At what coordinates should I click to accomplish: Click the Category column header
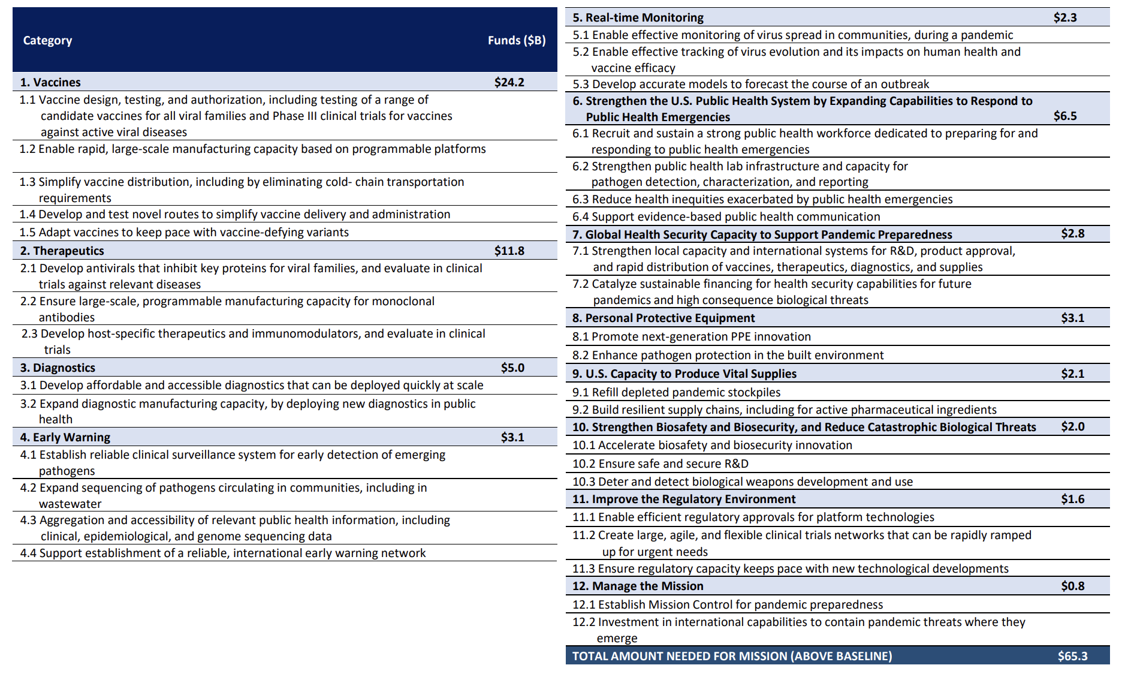tap(47, 40)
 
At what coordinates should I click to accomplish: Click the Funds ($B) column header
tap(516, 40)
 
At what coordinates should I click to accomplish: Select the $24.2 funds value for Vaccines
tap(509, 82)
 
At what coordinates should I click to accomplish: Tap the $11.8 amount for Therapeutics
tap(509, 251)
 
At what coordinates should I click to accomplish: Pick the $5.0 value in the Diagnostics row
tap(512, 368)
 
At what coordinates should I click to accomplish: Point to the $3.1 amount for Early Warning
tap(512, 437)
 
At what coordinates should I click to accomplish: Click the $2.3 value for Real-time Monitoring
tap(1065, 17)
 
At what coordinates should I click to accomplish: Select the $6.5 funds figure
tap(1065, 116)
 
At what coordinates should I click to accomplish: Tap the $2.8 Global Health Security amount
tap(1072, 234)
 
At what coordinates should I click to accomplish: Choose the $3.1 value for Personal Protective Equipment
tap(1072, 318)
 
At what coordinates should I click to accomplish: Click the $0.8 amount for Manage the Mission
tap(1072, 586)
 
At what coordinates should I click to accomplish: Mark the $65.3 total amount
tap(1072, 656)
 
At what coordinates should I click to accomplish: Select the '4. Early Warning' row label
tap(65, 437)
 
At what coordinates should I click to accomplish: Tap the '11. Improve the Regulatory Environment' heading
tap(683, 499)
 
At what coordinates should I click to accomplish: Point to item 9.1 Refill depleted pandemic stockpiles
tap(676, 392)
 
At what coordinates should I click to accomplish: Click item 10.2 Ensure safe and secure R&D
tap(660, 464)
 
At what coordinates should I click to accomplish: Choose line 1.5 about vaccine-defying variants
tap(184, 232)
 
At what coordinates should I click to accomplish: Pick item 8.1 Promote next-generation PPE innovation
tap(691, 336)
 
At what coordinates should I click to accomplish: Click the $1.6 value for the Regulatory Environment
tap(1072, 499)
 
